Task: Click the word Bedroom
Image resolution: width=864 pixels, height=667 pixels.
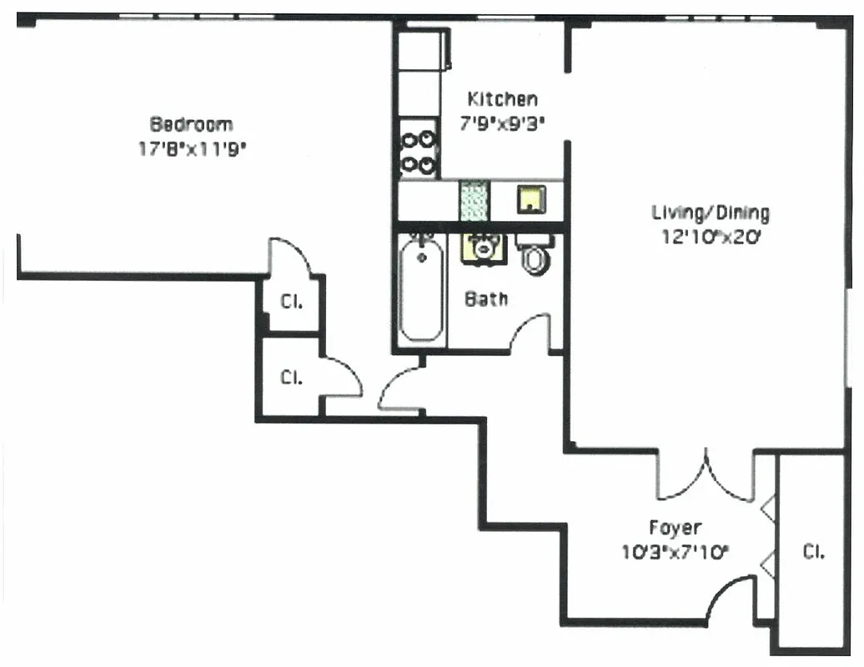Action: [191, 124]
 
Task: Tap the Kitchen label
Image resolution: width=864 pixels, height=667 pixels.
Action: [502, 99]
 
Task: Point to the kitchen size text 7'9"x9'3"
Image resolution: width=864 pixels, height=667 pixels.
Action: [502, 123]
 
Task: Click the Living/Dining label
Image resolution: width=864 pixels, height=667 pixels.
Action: [710, 212]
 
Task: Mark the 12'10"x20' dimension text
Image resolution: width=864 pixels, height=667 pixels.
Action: [710, 237]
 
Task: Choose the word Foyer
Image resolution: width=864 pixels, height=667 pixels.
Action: [675, 528]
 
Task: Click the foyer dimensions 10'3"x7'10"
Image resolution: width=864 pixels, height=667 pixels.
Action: [675, 551]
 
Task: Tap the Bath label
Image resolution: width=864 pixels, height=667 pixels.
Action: [486, 298]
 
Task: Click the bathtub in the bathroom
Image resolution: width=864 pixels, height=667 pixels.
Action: [421, 288]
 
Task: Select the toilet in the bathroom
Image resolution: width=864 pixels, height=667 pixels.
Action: [535, 255]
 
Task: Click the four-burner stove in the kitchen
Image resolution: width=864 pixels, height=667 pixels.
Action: [419, 151]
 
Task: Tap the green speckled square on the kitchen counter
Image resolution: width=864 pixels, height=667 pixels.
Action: [474, 201]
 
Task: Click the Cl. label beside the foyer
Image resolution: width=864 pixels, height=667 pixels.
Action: [813, 552]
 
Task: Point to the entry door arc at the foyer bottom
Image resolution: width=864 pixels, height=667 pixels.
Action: [728, 599]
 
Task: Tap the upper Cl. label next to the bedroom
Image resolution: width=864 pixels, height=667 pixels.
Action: [291, 303]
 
